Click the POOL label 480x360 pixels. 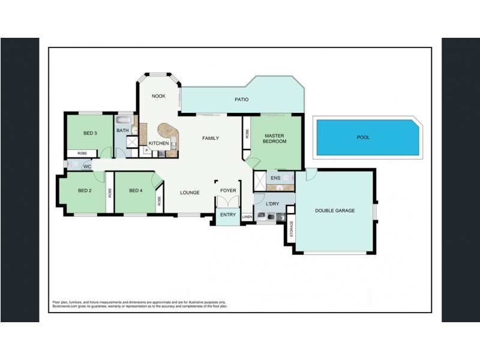tap(363, 137)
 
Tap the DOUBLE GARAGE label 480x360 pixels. tap(335, 211)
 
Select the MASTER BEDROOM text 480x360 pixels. tap(275, 138)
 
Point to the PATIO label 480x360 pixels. tap(241, 100)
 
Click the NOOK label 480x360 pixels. tap(158, 96)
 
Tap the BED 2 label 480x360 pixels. tap(85, 191)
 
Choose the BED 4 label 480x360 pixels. tap(136, 191)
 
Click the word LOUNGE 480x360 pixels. tap(190, 193)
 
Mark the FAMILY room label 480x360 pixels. tap(210, 138)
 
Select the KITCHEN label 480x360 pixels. tap(158, 143)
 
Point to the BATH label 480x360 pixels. tap(122, 130)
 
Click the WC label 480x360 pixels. tap(87, 166)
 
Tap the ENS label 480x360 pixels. tap(275, 178)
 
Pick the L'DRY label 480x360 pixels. tap(272, 204)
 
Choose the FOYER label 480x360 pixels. tap(228, 191)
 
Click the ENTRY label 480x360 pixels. tap(228, 214)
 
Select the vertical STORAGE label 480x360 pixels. tap(292, 230)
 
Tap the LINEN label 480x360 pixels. tap(247, 217)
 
